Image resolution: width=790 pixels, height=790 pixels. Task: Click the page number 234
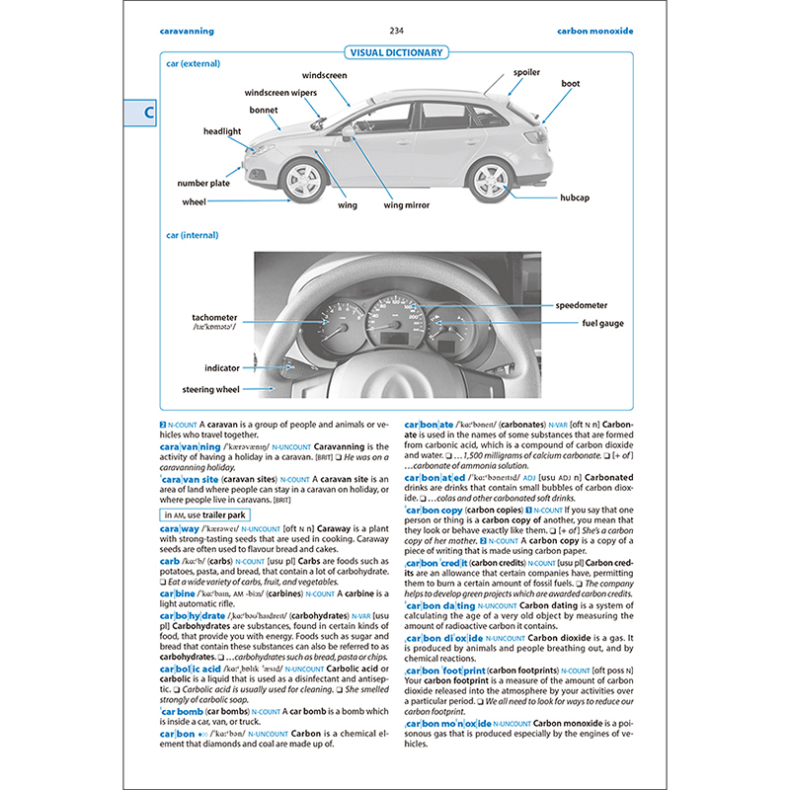point(396,31)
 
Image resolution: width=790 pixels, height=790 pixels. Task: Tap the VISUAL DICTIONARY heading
point(395,52)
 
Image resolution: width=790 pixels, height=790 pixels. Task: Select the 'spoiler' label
point(526,72)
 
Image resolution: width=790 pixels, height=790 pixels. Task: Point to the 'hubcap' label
point(574,197)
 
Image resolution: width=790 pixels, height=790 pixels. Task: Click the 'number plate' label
point(204,183)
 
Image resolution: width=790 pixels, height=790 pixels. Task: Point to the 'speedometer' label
point(581,306)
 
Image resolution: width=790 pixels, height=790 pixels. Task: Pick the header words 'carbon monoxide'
point(593,31)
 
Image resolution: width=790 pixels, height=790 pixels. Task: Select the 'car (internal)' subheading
point(191,235)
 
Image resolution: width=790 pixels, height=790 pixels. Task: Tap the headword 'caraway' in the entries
point(179,529)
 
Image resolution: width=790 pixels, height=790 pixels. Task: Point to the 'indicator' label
point(222,367)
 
